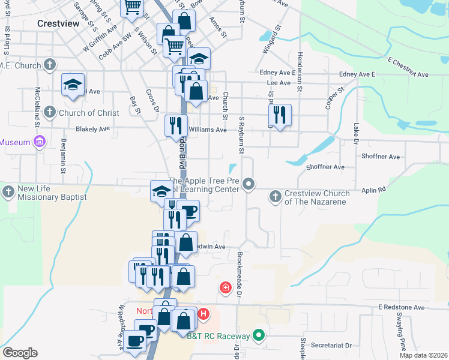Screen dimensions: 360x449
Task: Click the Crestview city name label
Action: [58, 24]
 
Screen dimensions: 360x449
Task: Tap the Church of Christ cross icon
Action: [50, 112]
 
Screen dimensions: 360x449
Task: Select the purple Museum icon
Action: [40, 142]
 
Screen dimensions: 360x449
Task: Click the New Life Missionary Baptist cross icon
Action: [8, 192]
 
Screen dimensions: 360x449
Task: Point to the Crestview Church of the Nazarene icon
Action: [275, 196]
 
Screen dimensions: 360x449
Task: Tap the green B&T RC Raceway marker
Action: [259, 335]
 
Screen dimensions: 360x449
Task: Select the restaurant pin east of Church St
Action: [280, 113]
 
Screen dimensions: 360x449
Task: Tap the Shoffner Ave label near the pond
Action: [325, 167]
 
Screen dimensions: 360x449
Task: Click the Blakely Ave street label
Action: [92, 128]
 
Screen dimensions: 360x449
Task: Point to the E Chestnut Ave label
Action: [408, 68]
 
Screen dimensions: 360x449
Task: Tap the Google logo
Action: [20, 353]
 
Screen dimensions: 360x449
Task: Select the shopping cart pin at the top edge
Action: [131, 8]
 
